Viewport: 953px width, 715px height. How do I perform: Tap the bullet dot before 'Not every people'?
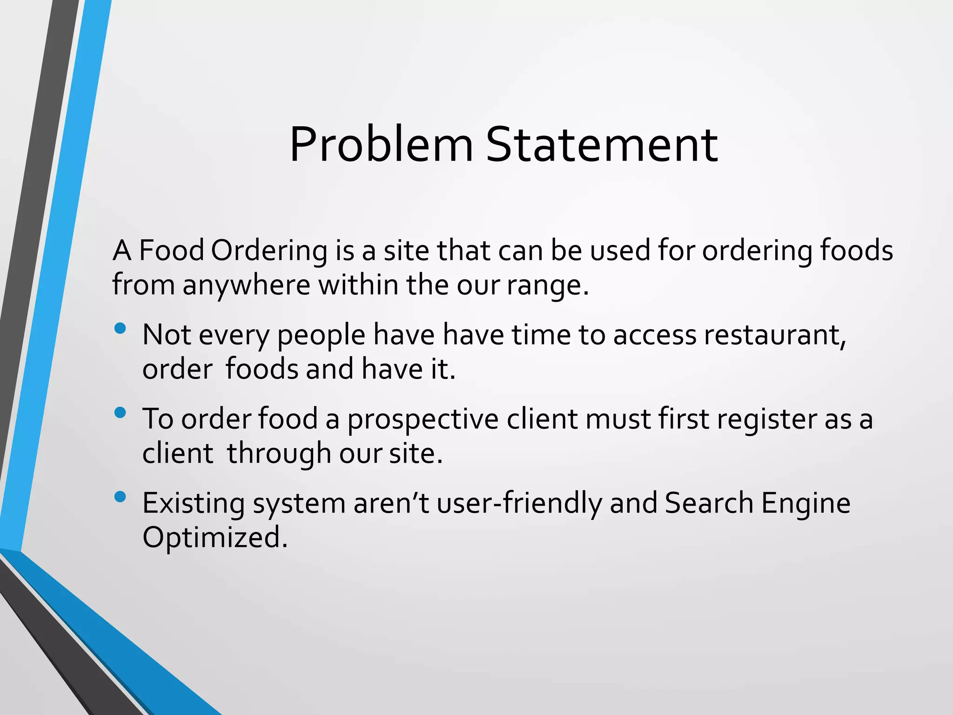click(120, 329)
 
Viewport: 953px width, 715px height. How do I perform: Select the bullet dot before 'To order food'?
click(120, 412)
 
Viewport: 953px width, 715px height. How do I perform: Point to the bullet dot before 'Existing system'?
click(120, 497)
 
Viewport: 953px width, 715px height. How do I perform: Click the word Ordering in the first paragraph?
click(269, 251)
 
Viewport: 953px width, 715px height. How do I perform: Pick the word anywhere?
click(246, 285)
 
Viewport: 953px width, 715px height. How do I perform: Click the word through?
click(279, 454)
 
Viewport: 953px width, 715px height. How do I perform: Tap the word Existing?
click(194, 504)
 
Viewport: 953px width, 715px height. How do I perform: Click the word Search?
click(709, 503)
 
